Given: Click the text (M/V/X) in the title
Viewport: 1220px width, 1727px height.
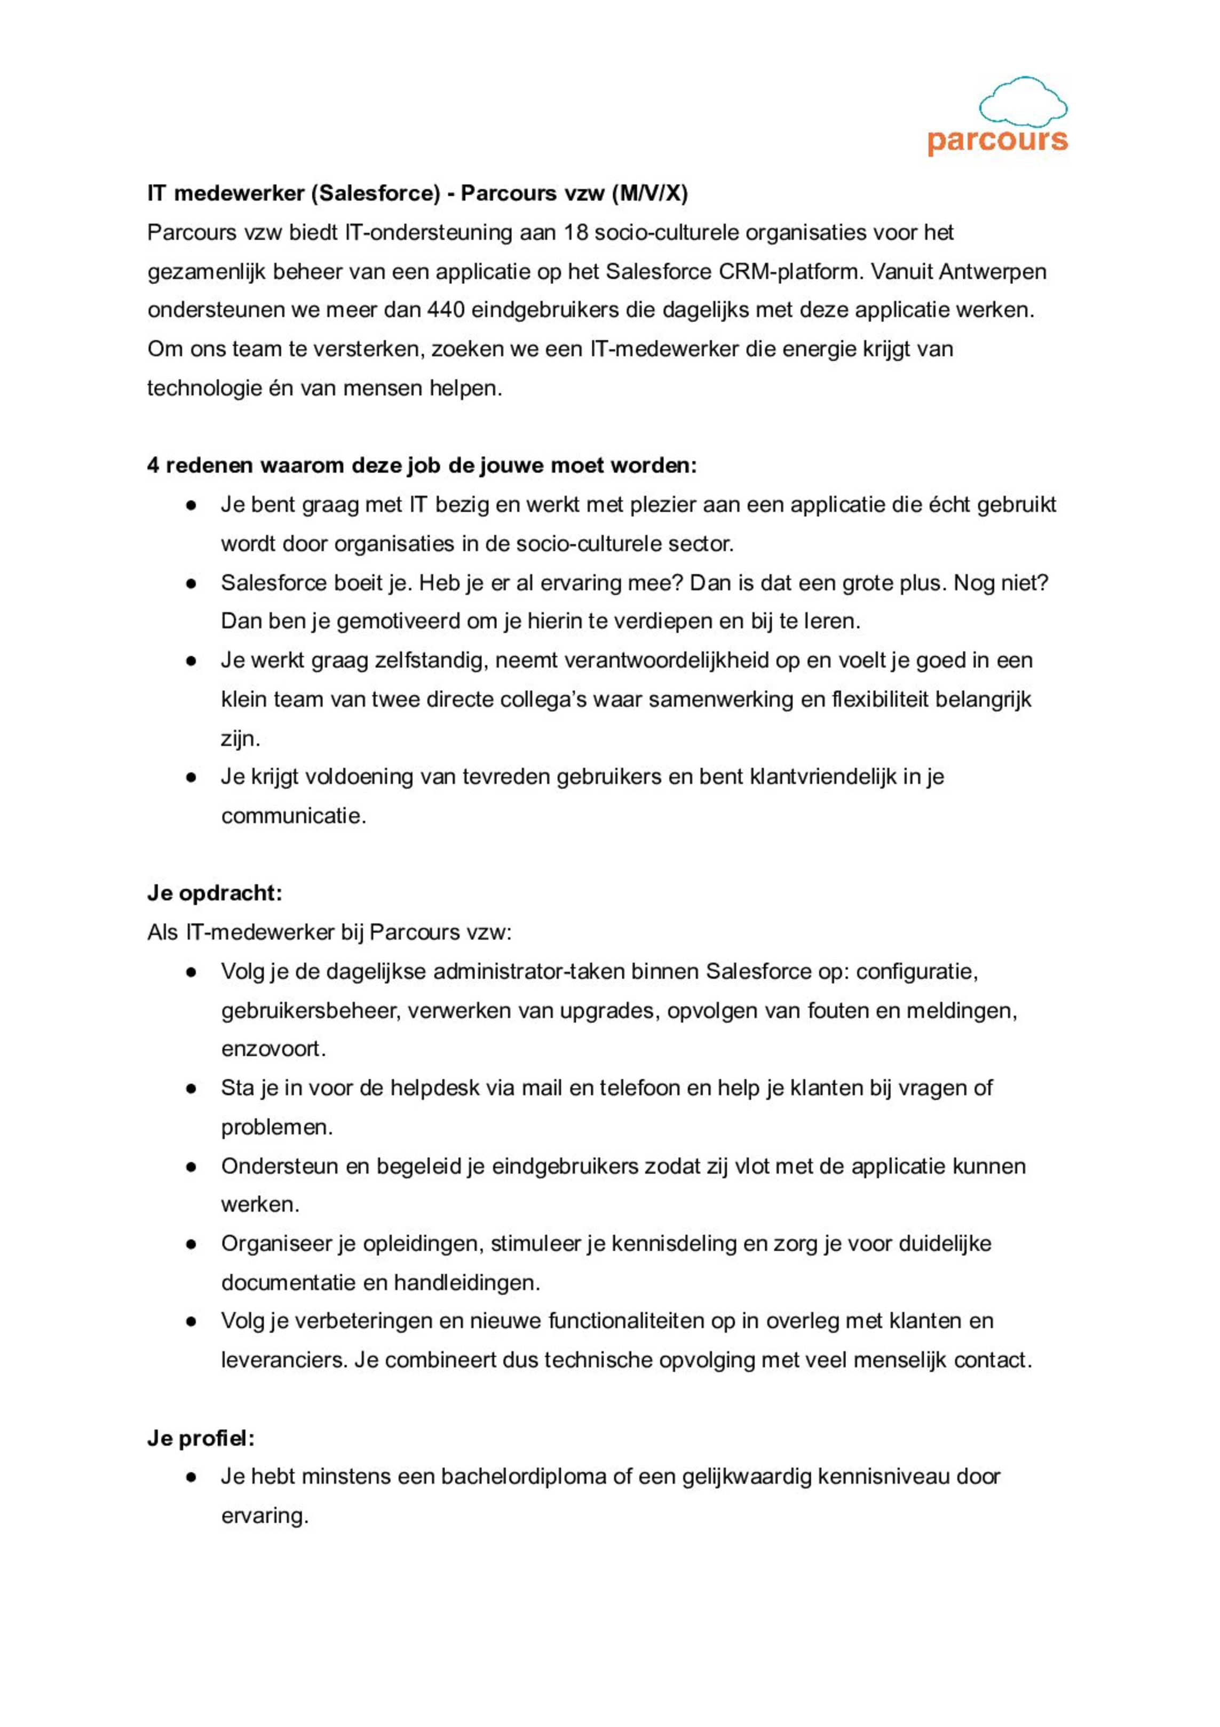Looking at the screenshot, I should click(x=649, y=194).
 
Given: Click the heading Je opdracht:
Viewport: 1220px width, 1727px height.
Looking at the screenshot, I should click(x=214, y=893).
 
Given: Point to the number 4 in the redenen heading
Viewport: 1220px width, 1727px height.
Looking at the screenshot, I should click(x=153, y=466).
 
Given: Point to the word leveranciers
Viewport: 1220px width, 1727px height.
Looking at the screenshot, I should click(x=283, y=1360).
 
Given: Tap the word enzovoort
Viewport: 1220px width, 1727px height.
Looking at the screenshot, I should click(x=272, y=1049).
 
